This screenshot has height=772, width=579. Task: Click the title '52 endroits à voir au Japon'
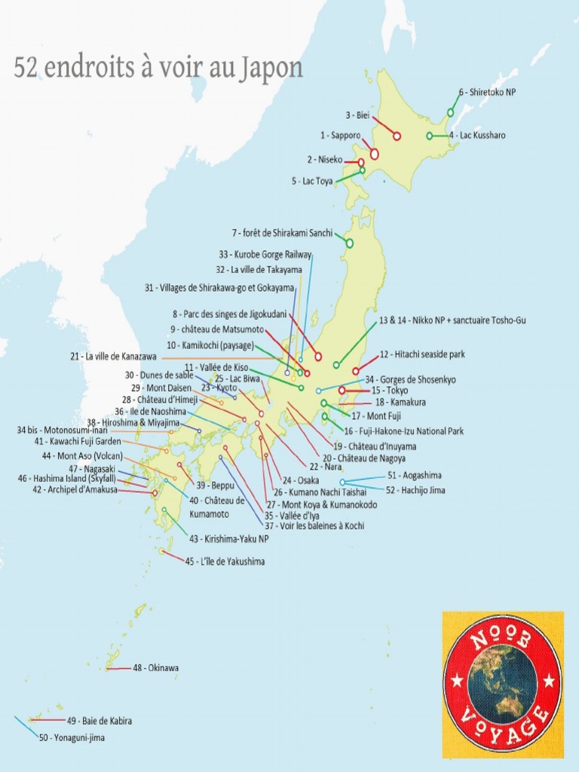[x=158, y=68]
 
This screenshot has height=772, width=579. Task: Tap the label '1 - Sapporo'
[x=340, y=135]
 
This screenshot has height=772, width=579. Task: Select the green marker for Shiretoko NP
[x=450, y=112]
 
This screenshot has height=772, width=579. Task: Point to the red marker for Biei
[x=397, y=136]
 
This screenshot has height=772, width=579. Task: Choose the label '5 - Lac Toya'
[x=312, y=181]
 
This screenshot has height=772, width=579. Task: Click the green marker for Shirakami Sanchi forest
[x=349, y=243]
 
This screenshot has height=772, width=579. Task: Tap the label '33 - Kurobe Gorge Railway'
[x=265, y=255]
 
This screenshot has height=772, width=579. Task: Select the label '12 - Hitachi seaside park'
[x=412, y=354]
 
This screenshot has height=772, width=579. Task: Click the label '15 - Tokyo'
[x=390, y=391]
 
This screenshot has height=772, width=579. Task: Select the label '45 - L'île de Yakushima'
[x=225, y=562]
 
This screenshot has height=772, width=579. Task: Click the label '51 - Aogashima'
[x=414, y=475]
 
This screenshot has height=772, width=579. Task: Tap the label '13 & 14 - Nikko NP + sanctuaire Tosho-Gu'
[x=452, y=320]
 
